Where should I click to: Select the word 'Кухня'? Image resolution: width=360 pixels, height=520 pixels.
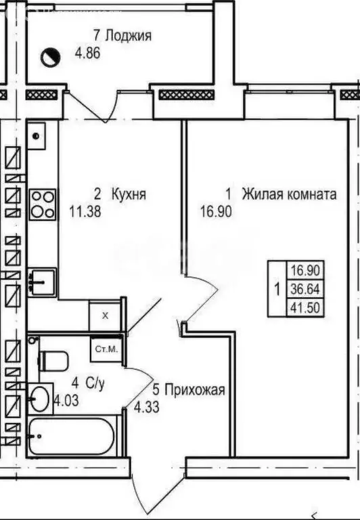129,194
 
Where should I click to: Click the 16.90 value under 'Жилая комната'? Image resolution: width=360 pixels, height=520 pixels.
215,211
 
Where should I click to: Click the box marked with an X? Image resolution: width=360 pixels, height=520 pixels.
104,315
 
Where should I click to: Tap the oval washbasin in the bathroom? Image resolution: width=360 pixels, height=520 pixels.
42,398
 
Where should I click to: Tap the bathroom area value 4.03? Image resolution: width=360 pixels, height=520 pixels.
66,399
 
